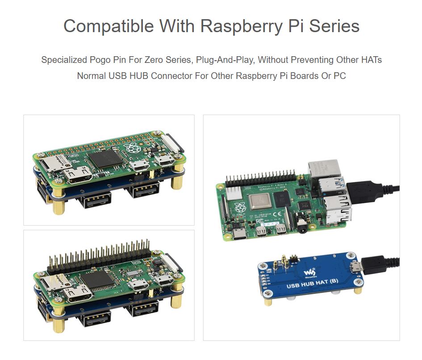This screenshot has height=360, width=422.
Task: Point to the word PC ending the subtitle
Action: point(340,76)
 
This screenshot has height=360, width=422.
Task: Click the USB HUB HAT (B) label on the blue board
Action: point(312,286)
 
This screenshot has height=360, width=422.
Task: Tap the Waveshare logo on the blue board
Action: point(309,272)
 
